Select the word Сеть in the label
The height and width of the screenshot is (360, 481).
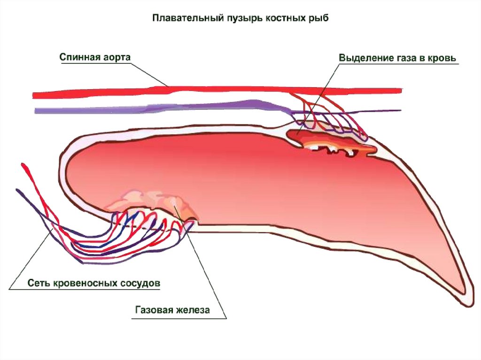coord(37,283)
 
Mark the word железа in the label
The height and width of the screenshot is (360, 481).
coord(193,310)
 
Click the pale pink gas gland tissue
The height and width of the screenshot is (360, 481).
coord(155,199)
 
